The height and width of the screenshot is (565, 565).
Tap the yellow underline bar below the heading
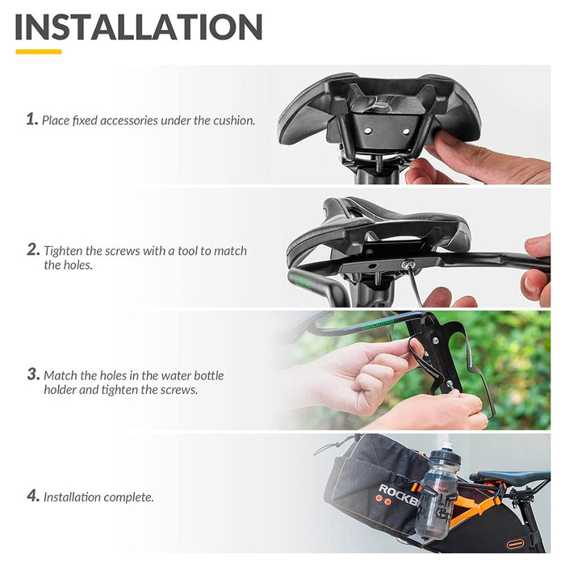coord(38,52)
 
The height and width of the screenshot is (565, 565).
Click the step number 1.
coord(31,119)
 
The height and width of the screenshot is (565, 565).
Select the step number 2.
coord(32,250)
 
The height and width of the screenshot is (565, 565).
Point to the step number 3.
coord(32,375)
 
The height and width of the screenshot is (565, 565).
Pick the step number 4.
coord(32,496)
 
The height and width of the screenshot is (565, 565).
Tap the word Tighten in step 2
coord(68,251)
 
